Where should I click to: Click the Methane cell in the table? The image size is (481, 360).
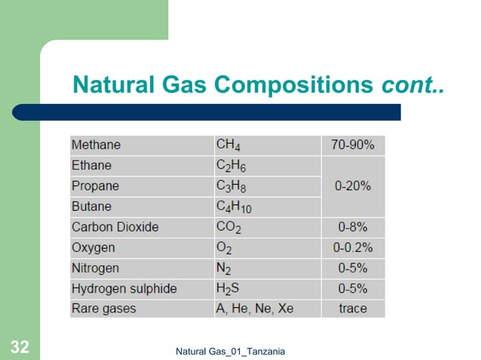96,145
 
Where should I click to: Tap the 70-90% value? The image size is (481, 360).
353,145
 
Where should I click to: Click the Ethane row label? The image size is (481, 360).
92,166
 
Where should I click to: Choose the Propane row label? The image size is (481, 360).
95,186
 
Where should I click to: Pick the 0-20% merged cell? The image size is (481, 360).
353,186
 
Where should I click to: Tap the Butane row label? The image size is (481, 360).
91,206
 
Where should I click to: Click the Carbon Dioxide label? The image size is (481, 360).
114,227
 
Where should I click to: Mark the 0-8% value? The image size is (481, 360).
353,227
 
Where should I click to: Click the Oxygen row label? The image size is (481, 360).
93,247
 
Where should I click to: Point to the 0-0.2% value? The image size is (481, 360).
353,247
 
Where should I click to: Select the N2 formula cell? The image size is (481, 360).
224,268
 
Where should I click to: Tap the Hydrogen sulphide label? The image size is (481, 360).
124,288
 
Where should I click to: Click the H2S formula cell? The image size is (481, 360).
228,288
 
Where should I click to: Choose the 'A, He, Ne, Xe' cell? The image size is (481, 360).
255,309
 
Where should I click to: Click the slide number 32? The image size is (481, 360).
20,347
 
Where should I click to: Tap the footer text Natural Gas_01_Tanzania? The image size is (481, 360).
230,351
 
